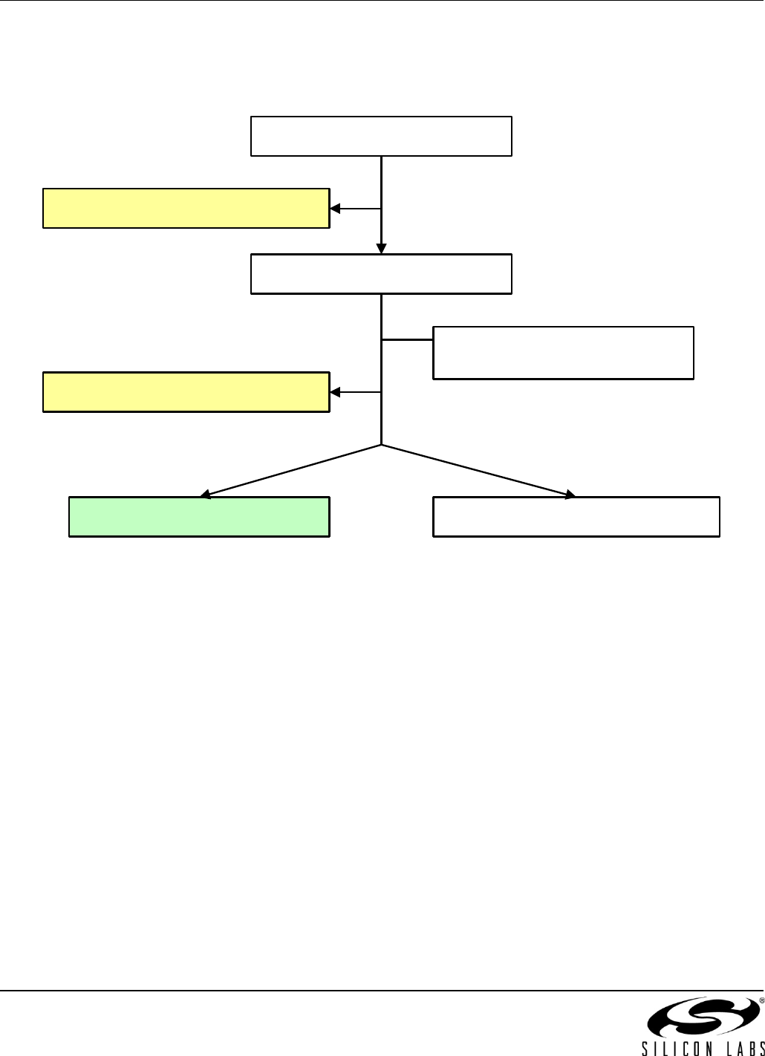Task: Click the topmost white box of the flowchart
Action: pyautogui.click(x=381, y=136)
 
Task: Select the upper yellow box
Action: pyautogui.click(x=186, y=208)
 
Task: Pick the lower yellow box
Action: pyautogui.click(x=186, y=391)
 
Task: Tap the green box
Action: pyautogui.click(x=199, y=516)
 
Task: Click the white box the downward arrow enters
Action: pyautogui.click(x=381, y=274)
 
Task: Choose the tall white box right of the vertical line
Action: pyautogui.click(x=563, y=353)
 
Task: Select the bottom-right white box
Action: pyautogui.click(x=576, y=516)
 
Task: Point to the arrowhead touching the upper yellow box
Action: pyautogui.click(x=335, y=209)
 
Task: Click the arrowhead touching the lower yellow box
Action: pyautogui.click(x=335, y=392)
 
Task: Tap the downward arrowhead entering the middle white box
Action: pyautogui.click(x=381, y=249)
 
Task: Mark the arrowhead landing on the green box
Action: pyautogui.click(x=206, y=493)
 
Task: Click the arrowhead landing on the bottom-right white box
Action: pyautogui.click(x=570, y=494)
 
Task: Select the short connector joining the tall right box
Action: pyautogui.click(x=407, y=339)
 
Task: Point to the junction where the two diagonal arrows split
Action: pyautogui.click(x=381, y=445)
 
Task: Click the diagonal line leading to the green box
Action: pyautogui.click(x=293, y=469)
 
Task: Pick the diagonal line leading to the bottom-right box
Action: pyautogui.click(x=475, y=469)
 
